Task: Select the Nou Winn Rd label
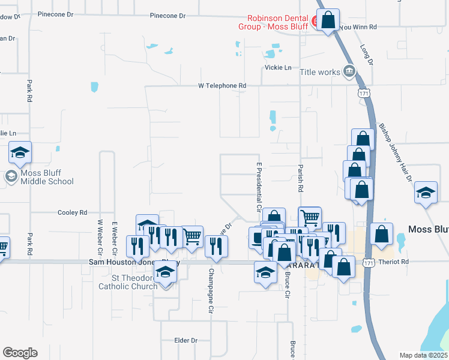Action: point(358,27)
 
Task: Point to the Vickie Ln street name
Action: point(278,68)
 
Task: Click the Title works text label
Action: point(320,72)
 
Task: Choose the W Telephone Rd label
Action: point(222,86)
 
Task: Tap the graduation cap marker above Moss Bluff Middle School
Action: point(20,153)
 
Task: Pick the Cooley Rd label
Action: point(72,212)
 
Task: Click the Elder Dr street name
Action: point(185,340)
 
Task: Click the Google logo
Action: point(20,353)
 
